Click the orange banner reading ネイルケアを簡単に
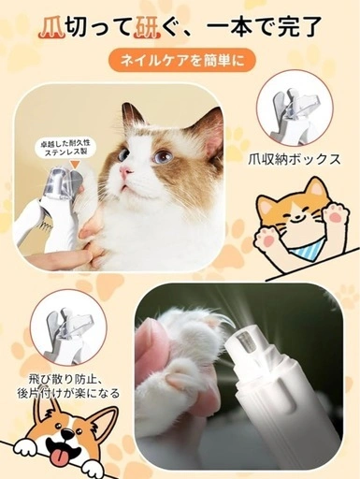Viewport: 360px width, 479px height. click(181, 60)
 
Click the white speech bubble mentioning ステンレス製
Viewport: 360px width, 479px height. click(66, 149)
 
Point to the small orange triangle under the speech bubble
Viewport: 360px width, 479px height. click(75, 165)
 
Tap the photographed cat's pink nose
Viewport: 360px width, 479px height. click(126, 171)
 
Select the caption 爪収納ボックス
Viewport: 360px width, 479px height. click(295, 160)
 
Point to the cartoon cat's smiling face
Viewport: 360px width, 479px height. click(298, 217)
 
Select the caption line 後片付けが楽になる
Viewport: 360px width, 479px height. click(69, 394)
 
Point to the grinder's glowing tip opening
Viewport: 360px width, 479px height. click(245, 341)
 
